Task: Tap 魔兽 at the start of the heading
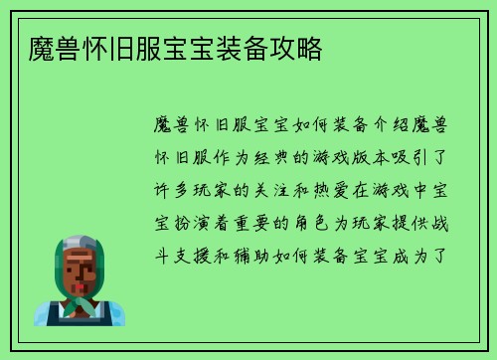coord(44,49)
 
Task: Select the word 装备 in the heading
coord(248,49)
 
